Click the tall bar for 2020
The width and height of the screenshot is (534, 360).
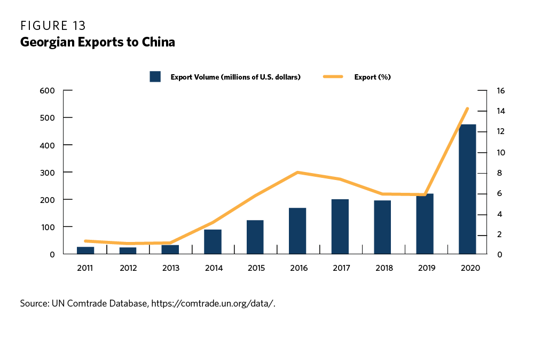pyautogui.click(x=467, y=189)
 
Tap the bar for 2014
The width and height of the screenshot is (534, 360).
pyautogui.click(x=213, y=241)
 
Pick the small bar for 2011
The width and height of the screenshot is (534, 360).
pyautogui.click(x=85, y=250)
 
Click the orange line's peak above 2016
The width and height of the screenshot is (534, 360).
pyautogui.click(x=297, y=173)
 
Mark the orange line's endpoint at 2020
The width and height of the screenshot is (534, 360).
pyautogui.click(x=467, y=109)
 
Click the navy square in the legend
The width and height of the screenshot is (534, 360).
pyautogui.click(x=155, y=77)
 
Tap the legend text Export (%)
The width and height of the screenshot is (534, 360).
pyautogui.click(x=372, y=77)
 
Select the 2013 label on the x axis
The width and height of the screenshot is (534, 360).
pyautogui.click(x=170, y=268)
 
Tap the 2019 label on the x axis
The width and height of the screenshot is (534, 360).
pyautogui.click(x=425, y=268)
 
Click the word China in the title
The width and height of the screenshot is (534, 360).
pyautogui.click(x=159, y=42)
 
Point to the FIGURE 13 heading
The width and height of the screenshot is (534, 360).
pyautogui.click(x=53, y=26)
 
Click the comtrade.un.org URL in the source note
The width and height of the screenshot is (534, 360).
pyautogui.click(x=213, y=303)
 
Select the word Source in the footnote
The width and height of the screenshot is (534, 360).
pyautogui.click(x=34, y=303)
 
